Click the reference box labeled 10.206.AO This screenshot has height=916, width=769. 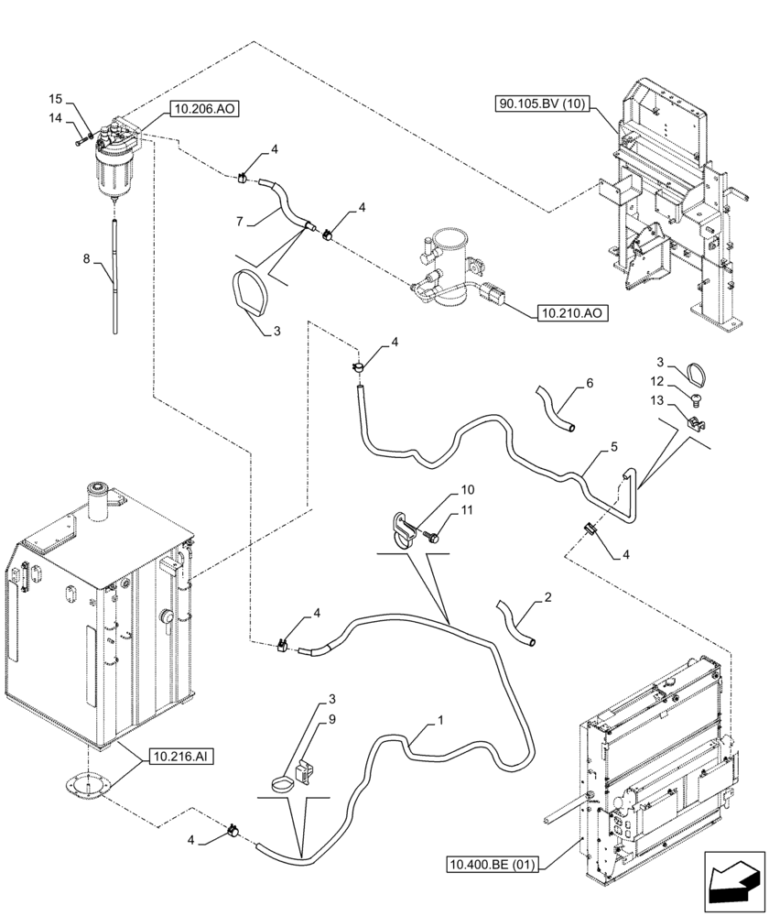click(x=203, y=109)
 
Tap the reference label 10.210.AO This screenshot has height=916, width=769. click(x=570, y=313)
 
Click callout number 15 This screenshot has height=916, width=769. click(x=56, y=99)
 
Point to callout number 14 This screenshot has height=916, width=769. click(x=56, y=118)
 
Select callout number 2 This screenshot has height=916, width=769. click(x=547, y=598)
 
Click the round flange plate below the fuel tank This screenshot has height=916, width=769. click(x=88, y=786)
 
